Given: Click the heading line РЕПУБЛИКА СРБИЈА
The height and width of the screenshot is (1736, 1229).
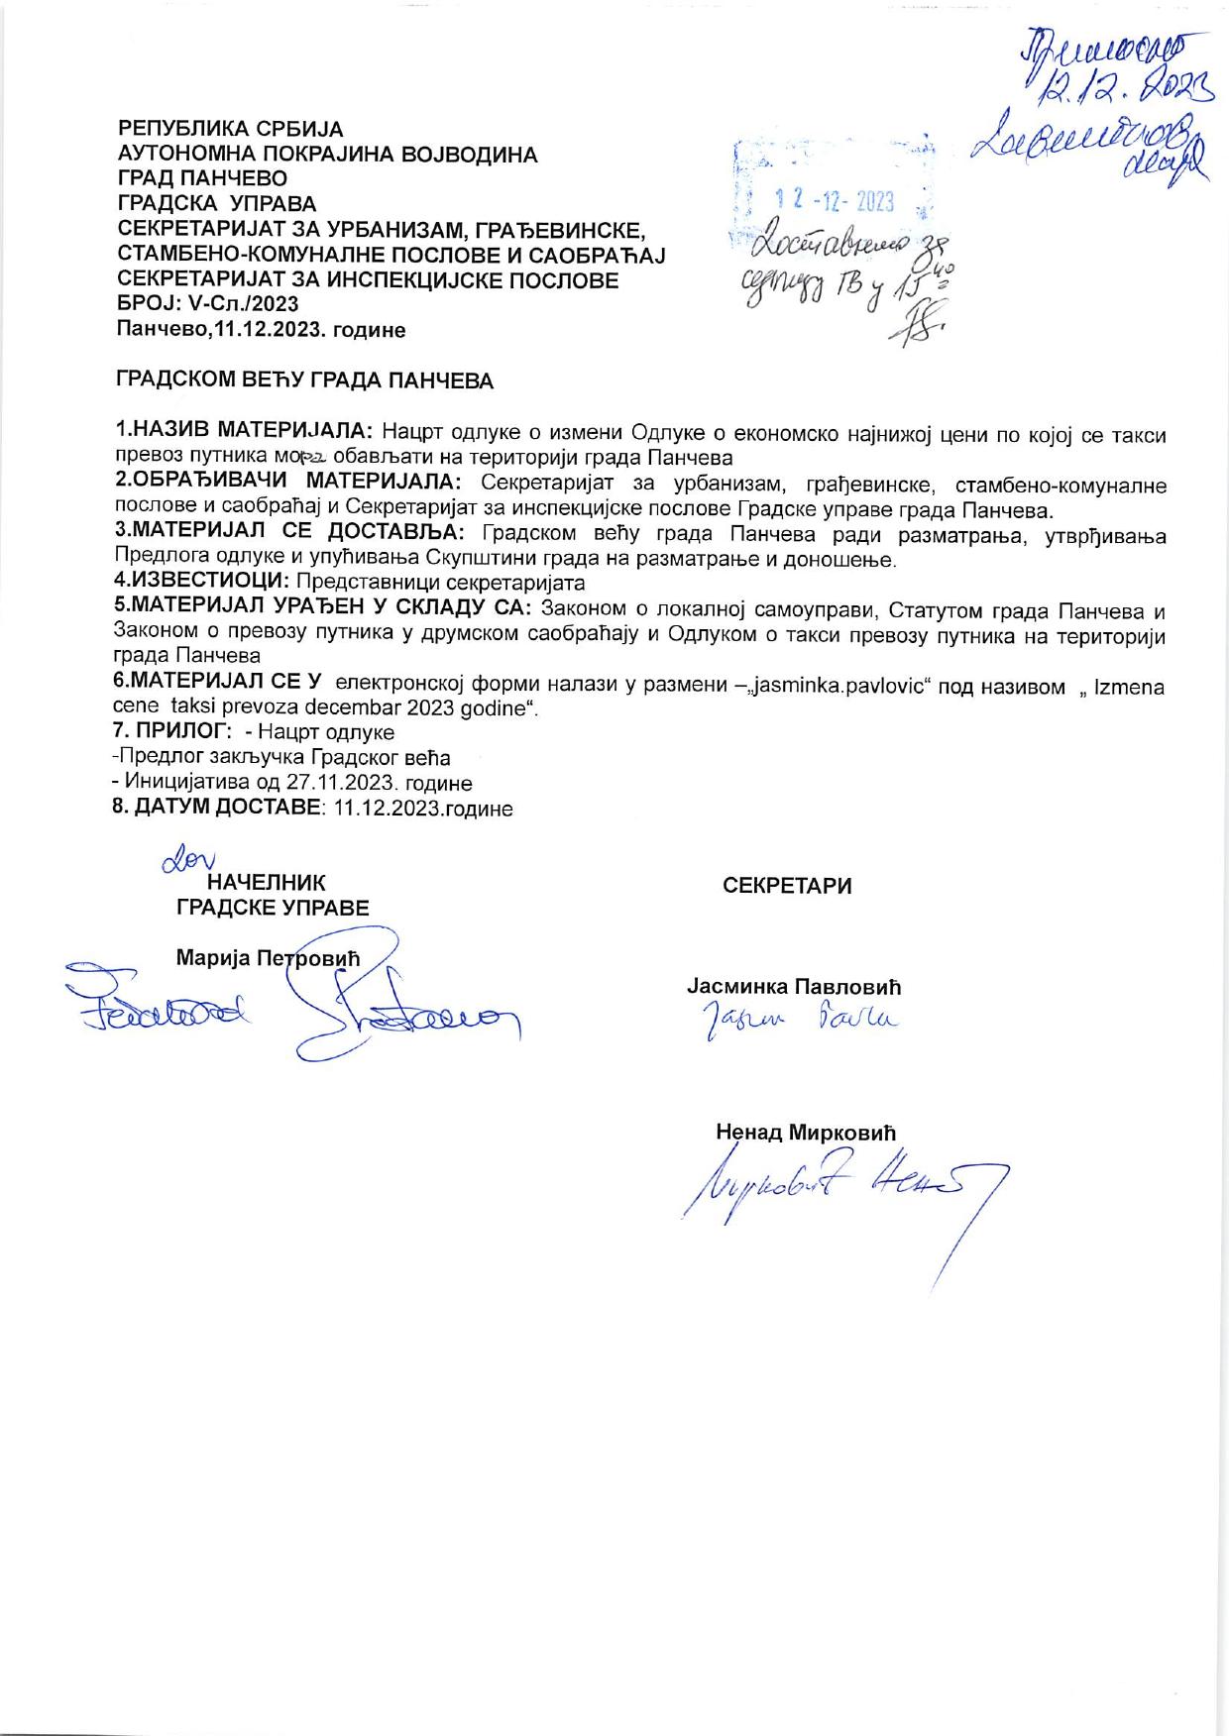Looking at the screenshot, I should tap(231, 129).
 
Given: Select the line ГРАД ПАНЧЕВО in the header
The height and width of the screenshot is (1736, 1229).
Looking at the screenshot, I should tap(202, 179).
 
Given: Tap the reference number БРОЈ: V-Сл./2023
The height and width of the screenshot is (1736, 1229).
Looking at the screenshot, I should tap(208, 304).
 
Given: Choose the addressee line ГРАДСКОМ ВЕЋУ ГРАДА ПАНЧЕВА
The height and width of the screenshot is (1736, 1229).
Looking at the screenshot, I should tap(305, 380).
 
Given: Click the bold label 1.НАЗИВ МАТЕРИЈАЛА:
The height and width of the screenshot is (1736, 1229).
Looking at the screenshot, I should tap(245, 432).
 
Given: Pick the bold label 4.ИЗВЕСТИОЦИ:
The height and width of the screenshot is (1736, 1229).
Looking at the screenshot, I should tap(202, 583).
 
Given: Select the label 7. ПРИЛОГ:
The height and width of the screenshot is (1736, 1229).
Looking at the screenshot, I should tap(172, 732).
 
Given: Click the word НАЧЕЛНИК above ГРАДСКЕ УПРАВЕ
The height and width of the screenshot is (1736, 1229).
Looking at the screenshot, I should tap(266, 883).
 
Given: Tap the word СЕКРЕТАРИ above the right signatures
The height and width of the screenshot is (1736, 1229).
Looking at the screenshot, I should tap(787, 886).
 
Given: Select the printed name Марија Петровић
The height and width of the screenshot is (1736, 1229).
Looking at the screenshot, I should tap(268, 958).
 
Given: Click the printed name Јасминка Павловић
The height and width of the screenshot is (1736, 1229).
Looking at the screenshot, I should tap(794, 987).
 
